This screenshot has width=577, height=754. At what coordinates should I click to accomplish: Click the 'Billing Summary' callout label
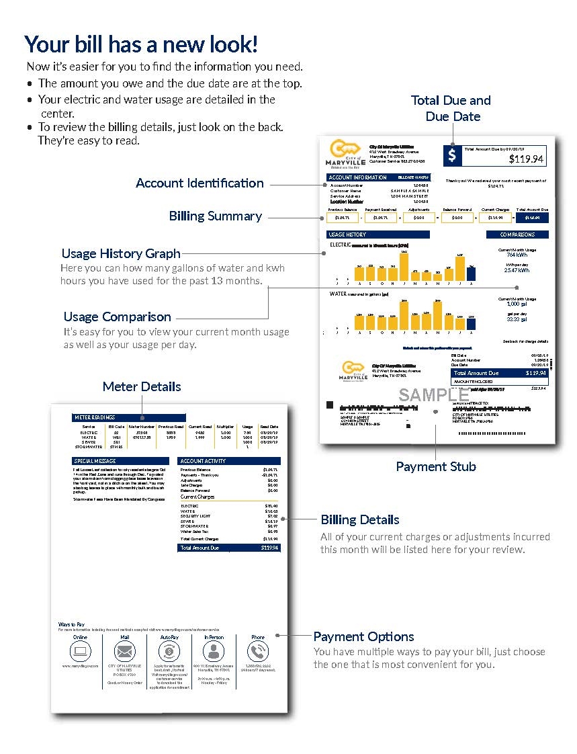tap(215, 216)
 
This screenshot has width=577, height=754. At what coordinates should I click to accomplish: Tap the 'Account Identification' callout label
tap(199, 183)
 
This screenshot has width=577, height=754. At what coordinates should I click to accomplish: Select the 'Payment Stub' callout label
tap(436, 466)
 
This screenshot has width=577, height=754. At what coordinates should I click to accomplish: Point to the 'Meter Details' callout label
tap(142, 386)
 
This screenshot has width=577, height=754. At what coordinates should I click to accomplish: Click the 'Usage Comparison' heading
tap(117, 317)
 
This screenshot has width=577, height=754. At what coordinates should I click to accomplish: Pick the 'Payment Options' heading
tap(363, 636)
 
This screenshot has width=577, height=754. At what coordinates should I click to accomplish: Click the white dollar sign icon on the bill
tap(452, 155)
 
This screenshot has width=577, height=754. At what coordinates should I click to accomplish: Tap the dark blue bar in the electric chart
tap(472, 273)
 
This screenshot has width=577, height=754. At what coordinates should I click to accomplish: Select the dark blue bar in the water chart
tap(471, 323)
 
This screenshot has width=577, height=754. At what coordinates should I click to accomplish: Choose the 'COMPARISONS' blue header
tap(517, 235)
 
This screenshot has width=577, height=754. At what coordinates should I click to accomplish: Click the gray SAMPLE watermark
tap(433, 395)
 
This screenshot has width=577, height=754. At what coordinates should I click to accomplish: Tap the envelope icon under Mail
tap(124, 651)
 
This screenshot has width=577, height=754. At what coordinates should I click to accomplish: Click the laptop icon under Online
tap(81, 651)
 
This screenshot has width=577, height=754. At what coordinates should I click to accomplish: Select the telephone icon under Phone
tap(258, 651)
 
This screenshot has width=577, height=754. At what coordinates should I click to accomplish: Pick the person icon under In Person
tap(214, 651)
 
